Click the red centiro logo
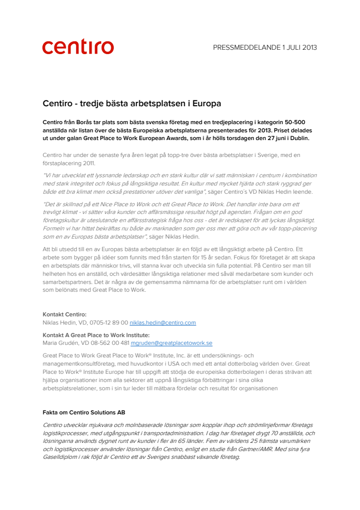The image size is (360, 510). click(x=78, y=47)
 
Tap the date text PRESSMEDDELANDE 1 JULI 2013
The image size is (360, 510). click(x=265, y=47)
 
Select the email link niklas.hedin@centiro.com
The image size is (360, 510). click(x=163, y=323)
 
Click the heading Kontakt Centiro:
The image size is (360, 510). click(x=65, y=314)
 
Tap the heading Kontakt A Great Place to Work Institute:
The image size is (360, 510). click(x=96, y=335)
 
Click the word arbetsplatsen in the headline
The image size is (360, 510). click(x=149, y=103)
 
